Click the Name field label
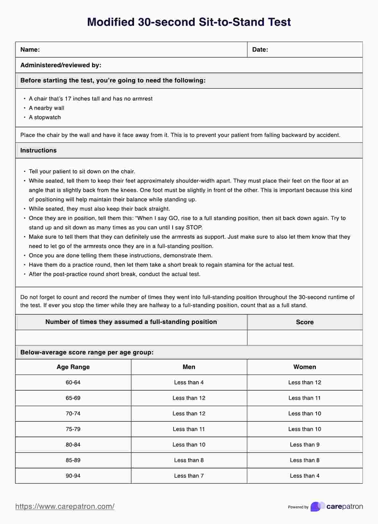30,50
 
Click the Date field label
260,50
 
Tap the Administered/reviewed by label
61,65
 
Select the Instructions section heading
38,150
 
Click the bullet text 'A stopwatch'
45,117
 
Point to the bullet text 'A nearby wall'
46,108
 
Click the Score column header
304,322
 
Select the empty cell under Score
304,338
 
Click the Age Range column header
73,367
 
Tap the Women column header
304,367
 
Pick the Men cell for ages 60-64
189,382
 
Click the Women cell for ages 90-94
304,476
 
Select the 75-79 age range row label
73,429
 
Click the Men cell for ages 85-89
189,460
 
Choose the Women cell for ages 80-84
304,445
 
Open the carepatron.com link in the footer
65,506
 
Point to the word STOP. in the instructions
194,228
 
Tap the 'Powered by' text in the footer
298,507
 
